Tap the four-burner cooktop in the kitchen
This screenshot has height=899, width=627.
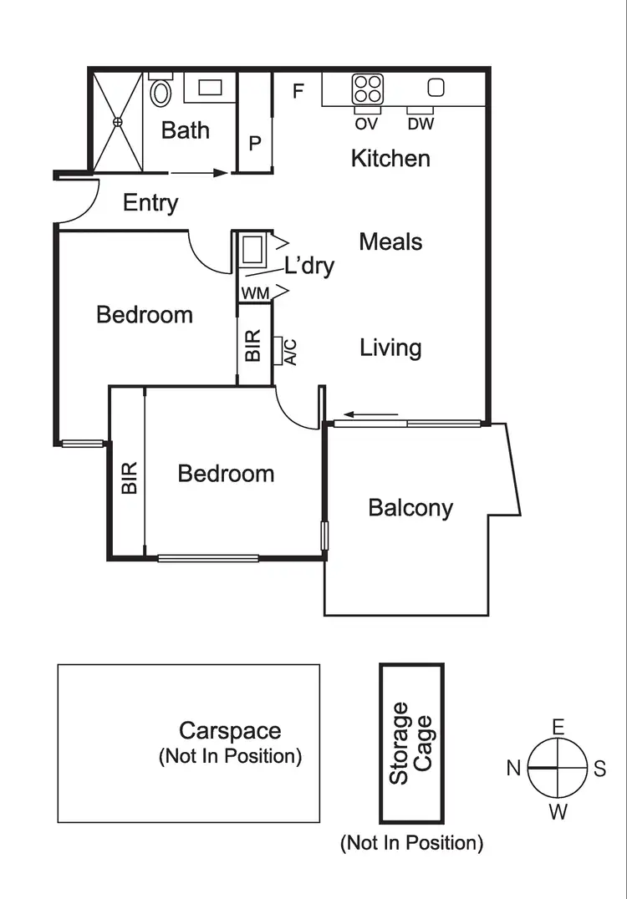point(367,88)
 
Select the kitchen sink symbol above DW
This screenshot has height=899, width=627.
point(436,87)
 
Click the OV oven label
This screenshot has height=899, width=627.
point(366,124)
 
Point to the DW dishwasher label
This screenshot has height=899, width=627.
point(421,124)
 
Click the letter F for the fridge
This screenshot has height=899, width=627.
point(298,92)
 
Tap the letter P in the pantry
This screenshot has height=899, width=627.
point(255,143)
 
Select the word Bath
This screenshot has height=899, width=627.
point(186,130)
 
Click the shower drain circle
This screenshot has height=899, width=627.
point(118,122)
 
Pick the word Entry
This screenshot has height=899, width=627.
point(150,203)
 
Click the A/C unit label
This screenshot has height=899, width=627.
point(289,350)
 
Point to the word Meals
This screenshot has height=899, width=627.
point(390,242)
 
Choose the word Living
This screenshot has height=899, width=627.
point(390,348)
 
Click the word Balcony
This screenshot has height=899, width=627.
point(410,508)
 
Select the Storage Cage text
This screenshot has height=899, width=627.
point(411,743)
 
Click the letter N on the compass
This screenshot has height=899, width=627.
point(514,768)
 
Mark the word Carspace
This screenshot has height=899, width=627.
point(230,731)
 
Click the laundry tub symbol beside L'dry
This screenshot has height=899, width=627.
point(252,249)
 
